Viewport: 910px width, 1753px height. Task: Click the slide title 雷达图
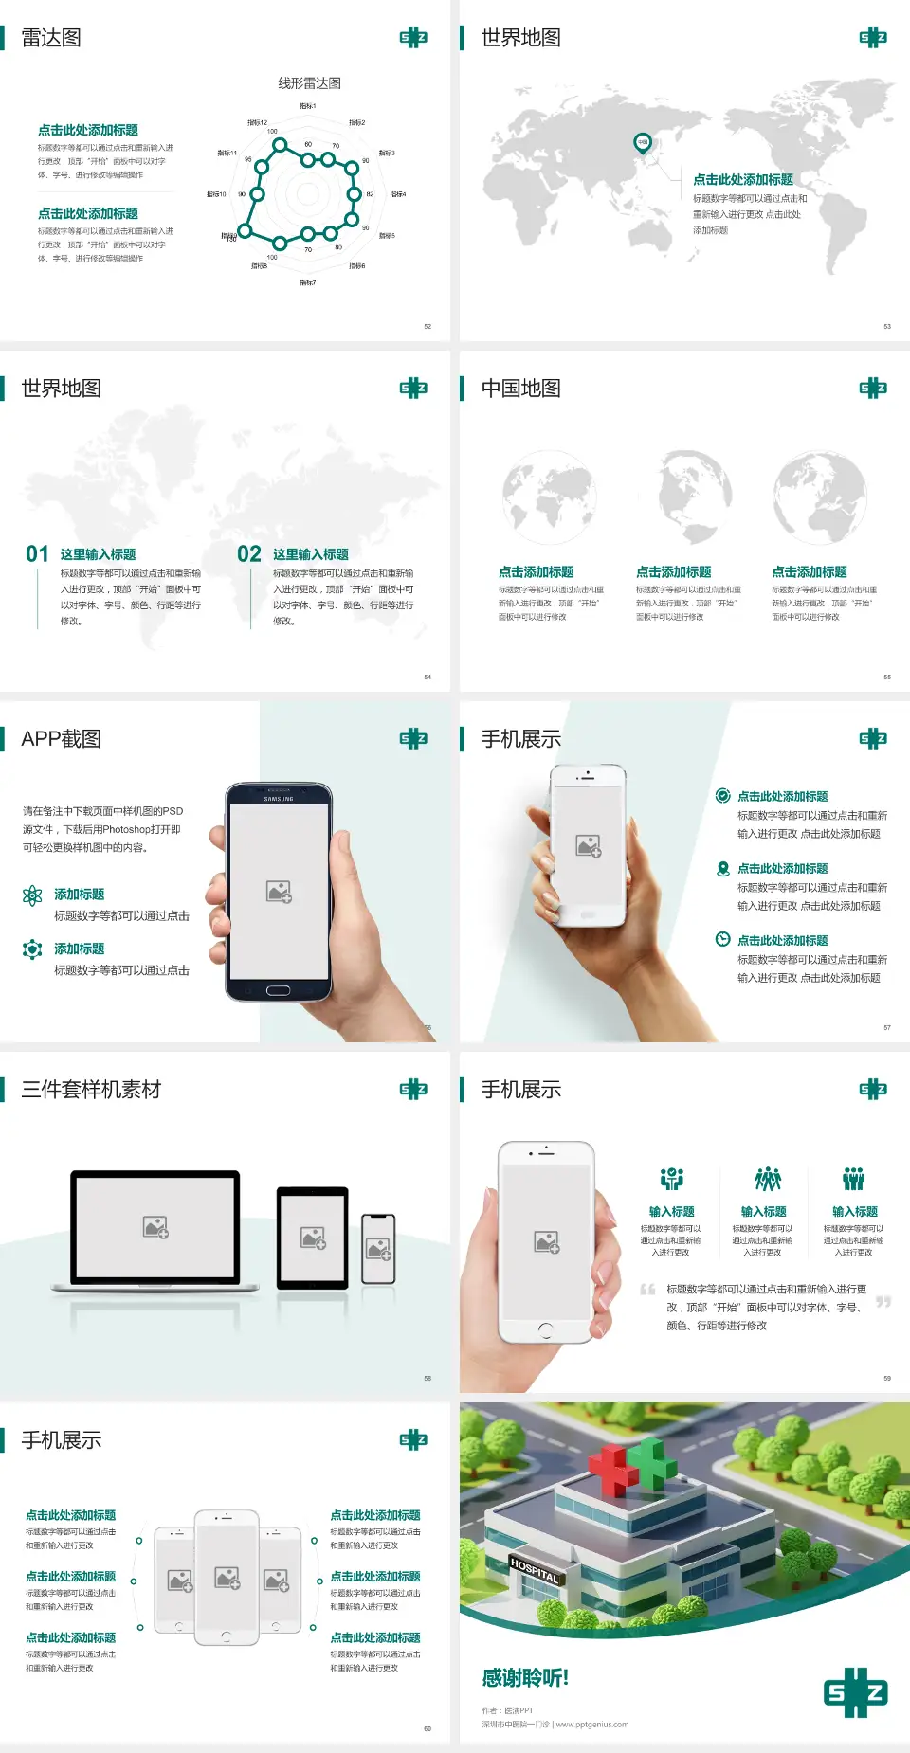tap(51, 38)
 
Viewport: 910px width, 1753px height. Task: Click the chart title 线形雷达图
tap(309, 83)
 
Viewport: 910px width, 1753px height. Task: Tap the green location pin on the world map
tap(642, 143)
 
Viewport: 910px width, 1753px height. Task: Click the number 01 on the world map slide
tap(37, 554)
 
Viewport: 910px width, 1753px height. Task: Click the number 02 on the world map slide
tap(249, 554)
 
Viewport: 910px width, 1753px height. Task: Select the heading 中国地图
tap(520, 389)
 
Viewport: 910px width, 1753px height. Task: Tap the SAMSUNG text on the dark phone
tap(279, 799)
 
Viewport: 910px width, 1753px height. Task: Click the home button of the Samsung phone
tap(278, 990)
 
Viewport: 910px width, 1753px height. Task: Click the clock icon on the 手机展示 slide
tap(722, 939)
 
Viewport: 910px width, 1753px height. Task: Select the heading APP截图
tap(61, 739)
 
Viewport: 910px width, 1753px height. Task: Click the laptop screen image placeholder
tap(155, 1227)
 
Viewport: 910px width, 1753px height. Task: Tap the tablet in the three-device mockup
tap(313, 1237)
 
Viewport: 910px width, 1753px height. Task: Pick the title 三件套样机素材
tap(91, 1090)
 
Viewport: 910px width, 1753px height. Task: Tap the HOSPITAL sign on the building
tap(535, 1570)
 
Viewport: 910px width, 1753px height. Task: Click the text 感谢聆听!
tap(525, 1678)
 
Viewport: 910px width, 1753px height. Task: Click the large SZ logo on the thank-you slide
tap(856, 1692)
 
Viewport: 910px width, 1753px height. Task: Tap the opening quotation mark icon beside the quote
tap(647, 1290)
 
